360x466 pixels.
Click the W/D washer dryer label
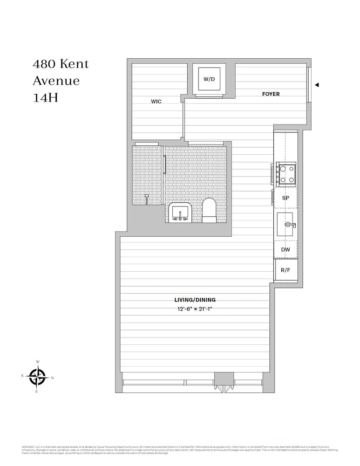209,79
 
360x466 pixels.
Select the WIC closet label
156,102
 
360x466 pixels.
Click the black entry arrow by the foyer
317,85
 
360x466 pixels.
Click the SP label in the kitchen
285,198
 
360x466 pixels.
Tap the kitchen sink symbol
285,226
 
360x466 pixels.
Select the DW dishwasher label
285,250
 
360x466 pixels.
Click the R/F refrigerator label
285,270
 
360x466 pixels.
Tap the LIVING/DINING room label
195,300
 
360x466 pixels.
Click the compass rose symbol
37,377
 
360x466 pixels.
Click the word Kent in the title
73,64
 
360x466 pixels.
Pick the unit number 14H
45,98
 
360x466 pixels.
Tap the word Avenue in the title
56,81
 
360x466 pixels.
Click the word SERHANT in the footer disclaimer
28,446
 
